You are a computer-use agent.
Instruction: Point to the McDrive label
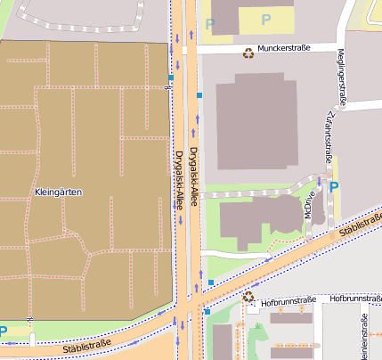click(x=310, y=203)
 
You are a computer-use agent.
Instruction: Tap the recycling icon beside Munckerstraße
click(x=248, y=53)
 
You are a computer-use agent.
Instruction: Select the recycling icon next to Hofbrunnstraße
click(x=248, y=298)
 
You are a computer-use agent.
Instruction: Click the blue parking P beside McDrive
click(x=333, y=187)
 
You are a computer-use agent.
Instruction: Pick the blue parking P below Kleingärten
click(x=4, y=331)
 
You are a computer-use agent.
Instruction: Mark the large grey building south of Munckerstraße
click(x=256, y=120)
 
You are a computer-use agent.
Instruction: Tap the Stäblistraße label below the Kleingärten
click(x=87, y=343)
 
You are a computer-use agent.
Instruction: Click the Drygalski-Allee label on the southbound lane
click(x=179, y=179)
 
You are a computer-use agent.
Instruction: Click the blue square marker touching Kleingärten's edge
click(x=171, y=78)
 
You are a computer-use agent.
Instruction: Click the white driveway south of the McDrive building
click(x=236, y=255)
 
